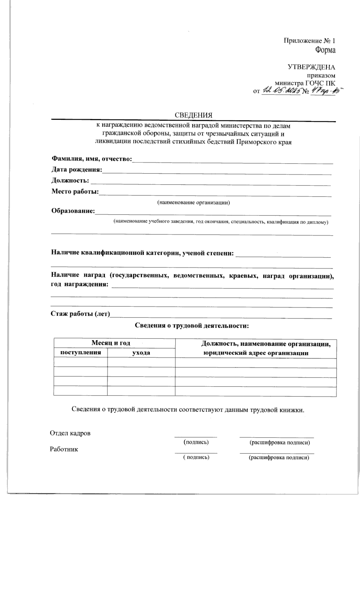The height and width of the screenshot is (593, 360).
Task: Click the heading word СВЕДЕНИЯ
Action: click(193, 115)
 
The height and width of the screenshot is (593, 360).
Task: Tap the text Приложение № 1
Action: click(309, 41)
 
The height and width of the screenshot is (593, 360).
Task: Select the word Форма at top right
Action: click(325, 50)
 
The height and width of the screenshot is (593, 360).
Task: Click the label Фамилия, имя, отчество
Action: click(91, 159)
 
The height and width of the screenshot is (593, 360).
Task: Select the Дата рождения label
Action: click(77, 170)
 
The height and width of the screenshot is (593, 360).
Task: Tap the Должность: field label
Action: click(70, 181)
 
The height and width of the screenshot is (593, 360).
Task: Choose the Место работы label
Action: click(75, 191)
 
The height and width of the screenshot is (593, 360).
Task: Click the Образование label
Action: click(73, 211)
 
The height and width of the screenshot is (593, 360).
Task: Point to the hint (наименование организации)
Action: click(193, 203)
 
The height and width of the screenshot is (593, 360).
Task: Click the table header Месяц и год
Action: click(111, 343)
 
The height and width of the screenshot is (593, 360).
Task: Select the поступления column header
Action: click(80, 352)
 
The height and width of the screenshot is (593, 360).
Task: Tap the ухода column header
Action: click(141, 353)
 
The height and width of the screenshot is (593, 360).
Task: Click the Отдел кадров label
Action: click(70, 433)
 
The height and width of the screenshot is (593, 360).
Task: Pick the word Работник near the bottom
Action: click(64, 449)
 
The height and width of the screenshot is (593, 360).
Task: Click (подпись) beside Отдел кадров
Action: click(196, 442)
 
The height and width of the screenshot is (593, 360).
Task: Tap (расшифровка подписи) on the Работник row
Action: click(279, 458)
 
